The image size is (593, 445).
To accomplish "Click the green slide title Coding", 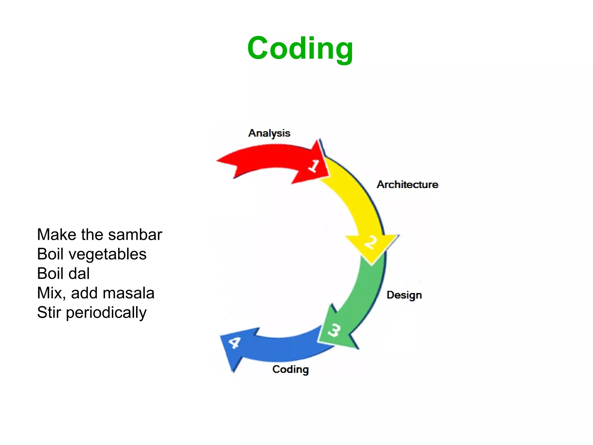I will click(300, 49).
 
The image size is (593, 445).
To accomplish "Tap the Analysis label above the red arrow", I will click(269, 133).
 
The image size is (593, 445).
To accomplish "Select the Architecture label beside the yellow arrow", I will click(407, 185).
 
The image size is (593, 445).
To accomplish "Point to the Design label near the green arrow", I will click(404, 295).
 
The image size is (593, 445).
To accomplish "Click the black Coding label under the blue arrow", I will click(290, 369).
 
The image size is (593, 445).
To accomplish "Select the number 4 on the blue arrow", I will click(235, 343).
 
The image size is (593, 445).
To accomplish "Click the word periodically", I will click(106, 313).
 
